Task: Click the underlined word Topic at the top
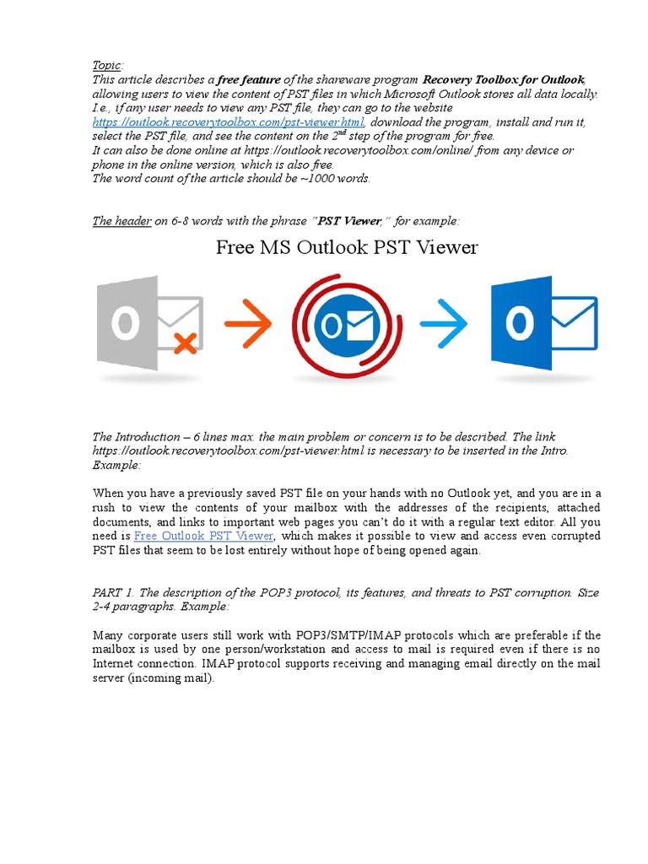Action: tap(107, 65)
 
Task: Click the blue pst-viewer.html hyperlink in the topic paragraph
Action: tap(228, 122)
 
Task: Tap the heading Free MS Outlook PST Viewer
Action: tap(347, 247)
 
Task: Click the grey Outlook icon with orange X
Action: tap(148, 323)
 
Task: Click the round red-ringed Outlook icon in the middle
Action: tap(346, 324)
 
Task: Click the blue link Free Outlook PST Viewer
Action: tap(203, 536)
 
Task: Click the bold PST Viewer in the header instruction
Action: tap(348, 221)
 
